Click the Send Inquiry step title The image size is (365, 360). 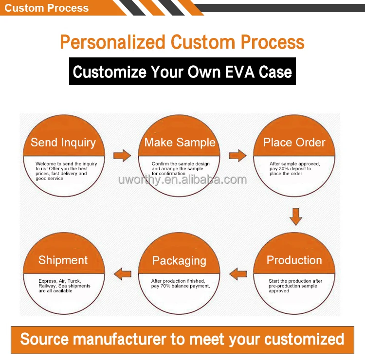coord(63,143)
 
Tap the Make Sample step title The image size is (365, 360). coord(180,143)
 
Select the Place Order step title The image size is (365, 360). coord(294,143)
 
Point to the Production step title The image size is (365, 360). coord(294,260)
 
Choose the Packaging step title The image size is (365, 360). coord(179,261)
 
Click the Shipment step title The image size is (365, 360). coord(63,260)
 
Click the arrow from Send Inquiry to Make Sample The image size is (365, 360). coord(122,156)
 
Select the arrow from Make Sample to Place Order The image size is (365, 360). coord(237,156)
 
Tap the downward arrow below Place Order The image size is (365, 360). coord(295,216)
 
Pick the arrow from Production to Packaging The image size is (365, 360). coord(237,274)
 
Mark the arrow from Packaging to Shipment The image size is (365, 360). coord(122,274)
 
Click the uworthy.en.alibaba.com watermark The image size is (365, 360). coord(182,180)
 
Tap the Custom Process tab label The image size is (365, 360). coord(47,8)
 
